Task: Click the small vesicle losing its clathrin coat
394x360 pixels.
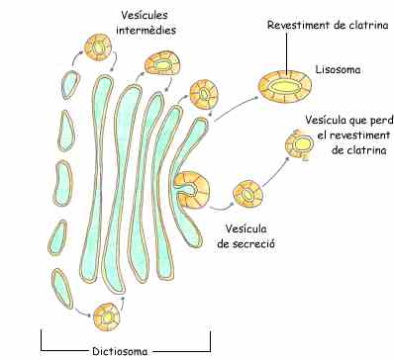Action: coord(299,146)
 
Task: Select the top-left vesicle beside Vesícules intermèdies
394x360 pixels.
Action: coord(99,46)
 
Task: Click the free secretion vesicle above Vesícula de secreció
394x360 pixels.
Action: coord(244,193)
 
